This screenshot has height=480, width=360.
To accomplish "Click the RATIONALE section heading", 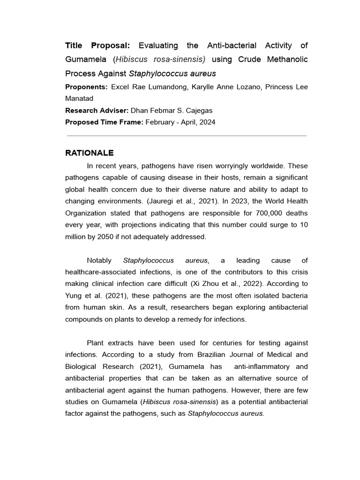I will tap(89, 153).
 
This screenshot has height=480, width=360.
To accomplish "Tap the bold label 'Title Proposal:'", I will tap(99, 45).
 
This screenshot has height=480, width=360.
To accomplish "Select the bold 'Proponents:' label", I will tap(86, 87).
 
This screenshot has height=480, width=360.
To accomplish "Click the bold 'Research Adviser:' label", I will tap(96, 111).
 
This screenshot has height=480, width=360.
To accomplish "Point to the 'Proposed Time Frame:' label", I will tap(104, 122).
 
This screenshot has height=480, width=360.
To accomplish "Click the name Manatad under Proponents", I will tap(79, 98).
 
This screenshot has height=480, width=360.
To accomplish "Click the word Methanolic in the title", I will tap(289, 60).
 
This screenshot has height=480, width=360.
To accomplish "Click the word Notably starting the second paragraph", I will tap(100, 260).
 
